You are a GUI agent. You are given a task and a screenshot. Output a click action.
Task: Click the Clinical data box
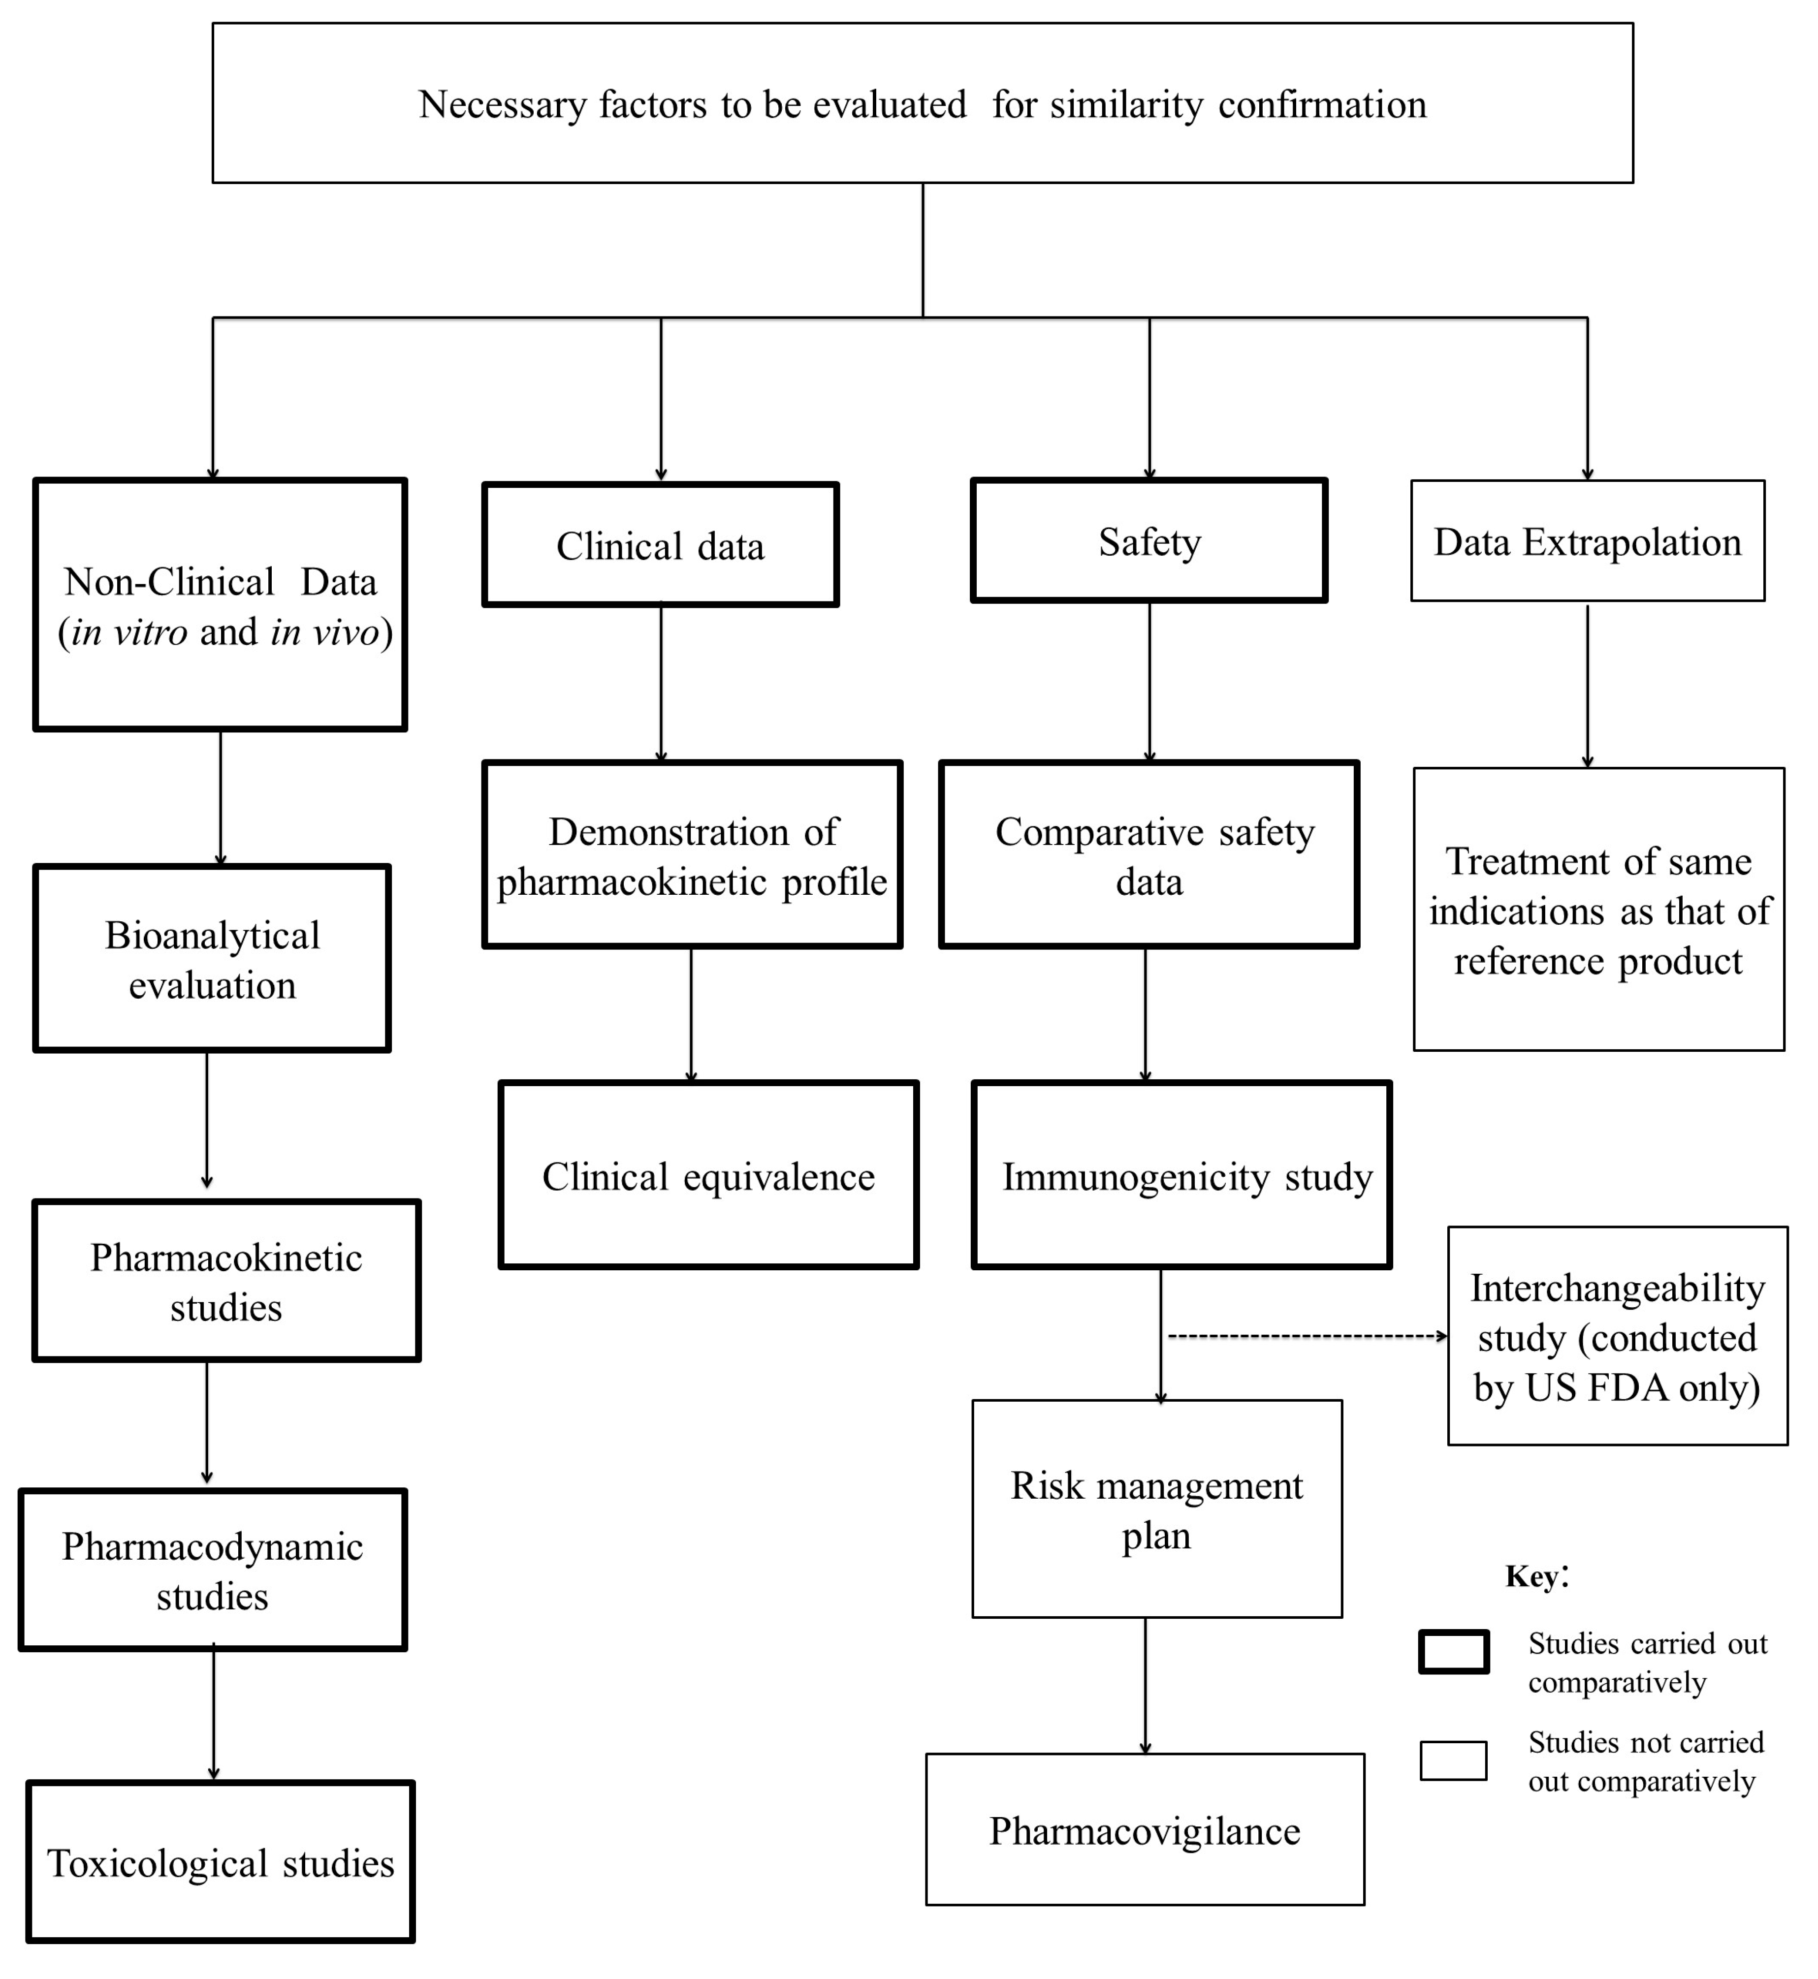[660, 545]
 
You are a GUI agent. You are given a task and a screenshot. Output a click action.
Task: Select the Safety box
[1149, 541]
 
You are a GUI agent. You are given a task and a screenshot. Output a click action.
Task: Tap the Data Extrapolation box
[1587, 541]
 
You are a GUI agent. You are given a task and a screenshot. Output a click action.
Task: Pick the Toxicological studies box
[221, 1862]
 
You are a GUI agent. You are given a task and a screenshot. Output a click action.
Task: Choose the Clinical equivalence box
[708, 1175]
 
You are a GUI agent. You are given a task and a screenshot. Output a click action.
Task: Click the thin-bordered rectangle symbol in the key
[1453, 1760]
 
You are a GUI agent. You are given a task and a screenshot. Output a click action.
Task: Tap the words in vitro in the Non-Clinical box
[129, 631]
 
